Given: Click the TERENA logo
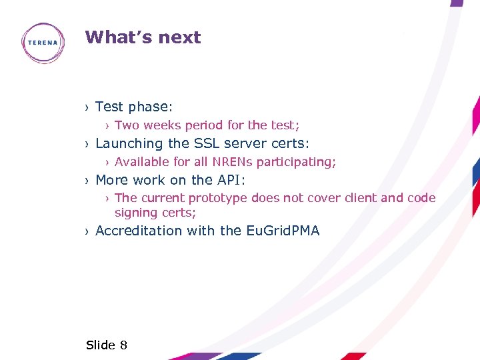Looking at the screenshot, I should point(43,43).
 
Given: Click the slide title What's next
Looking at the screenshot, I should point(143,37).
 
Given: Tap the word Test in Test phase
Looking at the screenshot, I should point(110,107).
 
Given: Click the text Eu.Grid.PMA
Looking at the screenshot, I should point(283,231).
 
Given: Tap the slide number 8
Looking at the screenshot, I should point(123,345).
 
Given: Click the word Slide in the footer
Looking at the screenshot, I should point(101,345).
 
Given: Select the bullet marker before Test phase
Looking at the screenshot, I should point(87,107).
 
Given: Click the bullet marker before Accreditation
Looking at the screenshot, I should point(87,231).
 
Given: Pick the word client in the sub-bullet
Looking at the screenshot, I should point(360,198).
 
